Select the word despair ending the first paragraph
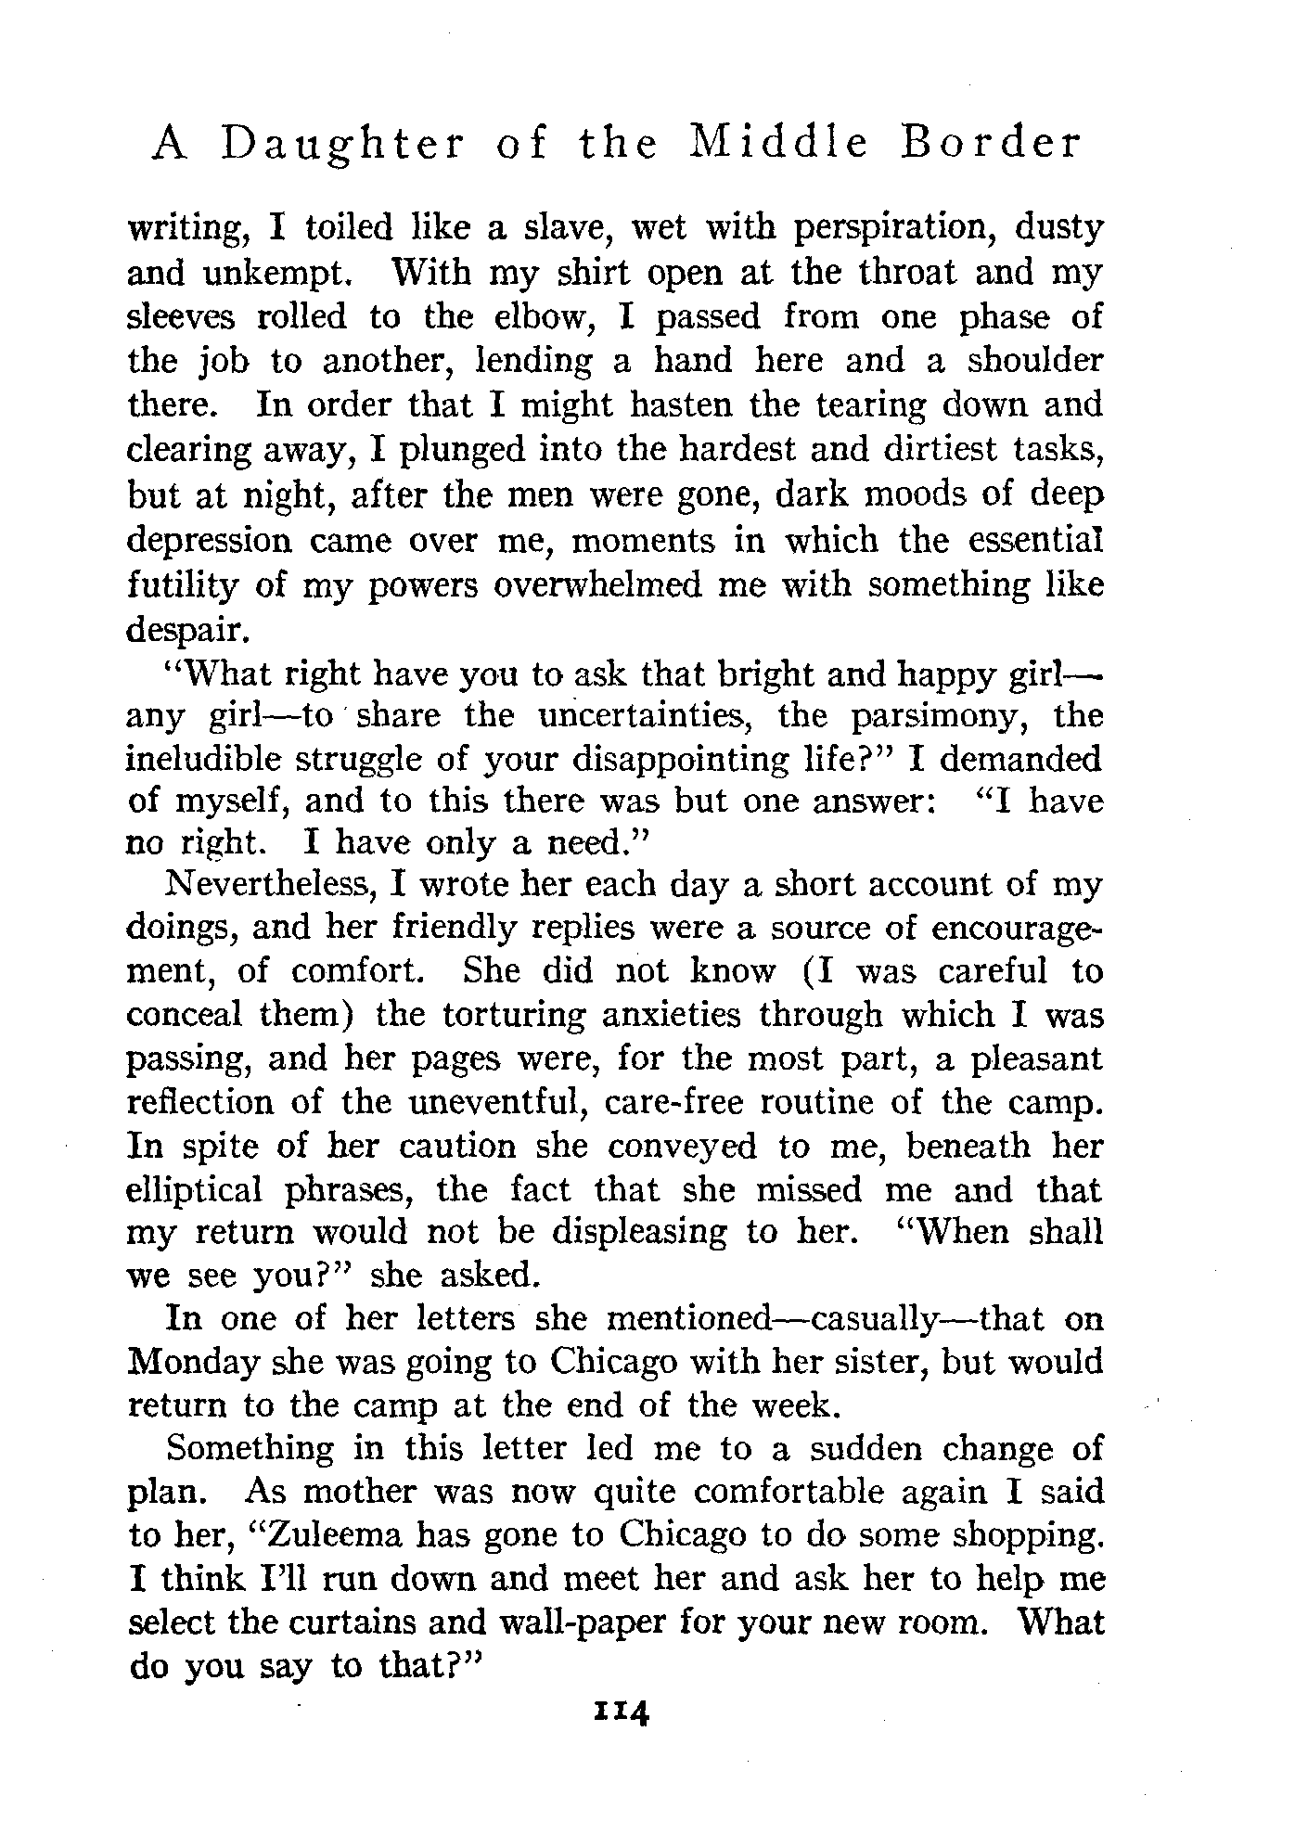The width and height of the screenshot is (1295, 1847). [186, 631]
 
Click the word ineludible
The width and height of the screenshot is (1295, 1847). [203, 759]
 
